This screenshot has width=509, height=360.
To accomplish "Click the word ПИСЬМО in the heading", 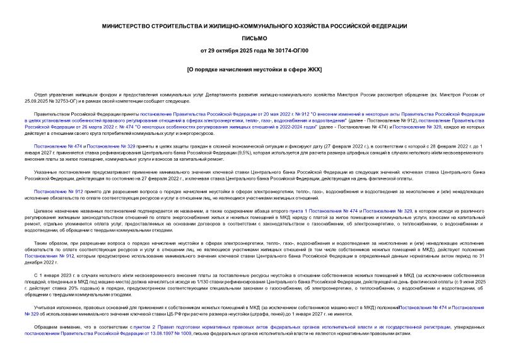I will pos(254,38).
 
